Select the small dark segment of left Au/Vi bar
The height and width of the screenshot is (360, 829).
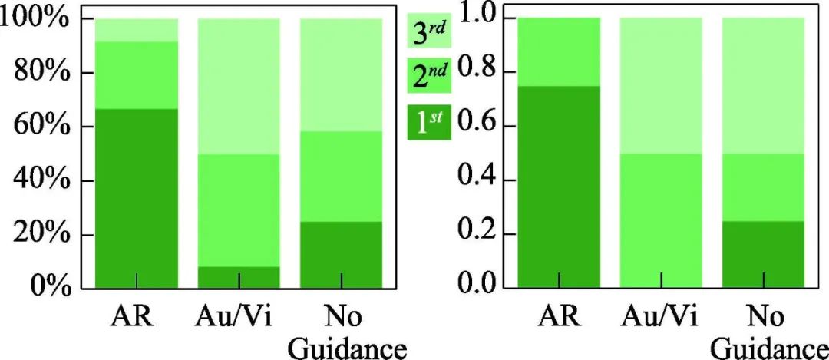coord(239,277)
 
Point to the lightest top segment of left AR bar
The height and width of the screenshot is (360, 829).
coord(135,30)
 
